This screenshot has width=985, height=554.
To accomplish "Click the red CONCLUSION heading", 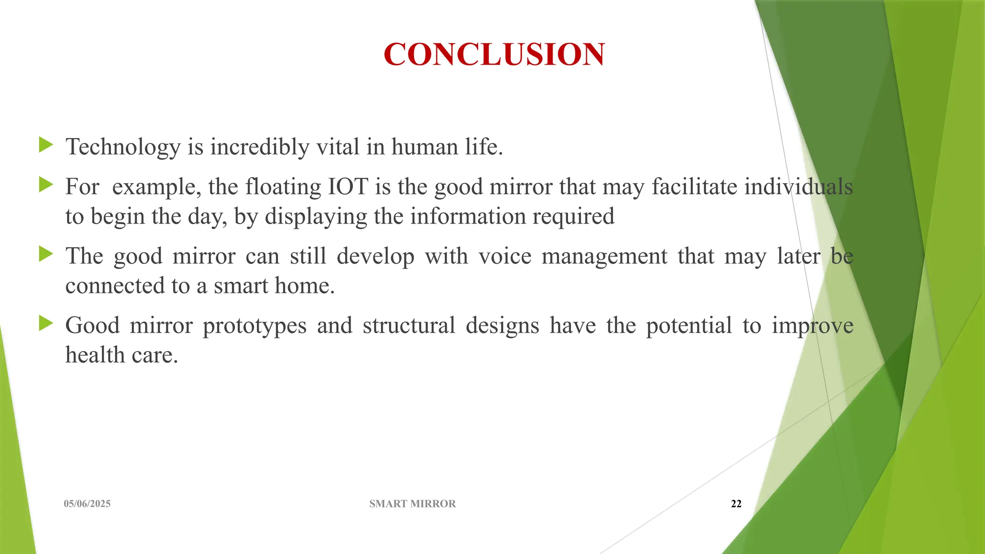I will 494,54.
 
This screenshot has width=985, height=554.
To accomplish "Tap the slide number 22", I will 736,504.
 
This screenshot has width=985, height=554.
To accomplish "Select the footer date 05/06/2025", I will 87,504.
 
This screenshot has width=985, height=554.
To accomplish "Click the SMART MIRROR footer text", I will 412,504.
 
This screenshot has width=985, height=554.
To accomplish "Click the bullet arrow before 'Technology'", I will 46,144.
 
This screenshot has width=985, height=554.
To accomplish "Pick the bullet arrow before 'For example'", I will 46,184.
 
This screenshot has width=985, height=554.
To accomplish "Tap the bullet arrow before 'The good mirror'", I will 46,253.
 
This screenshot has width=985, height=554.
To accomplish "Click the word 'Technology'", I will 123,147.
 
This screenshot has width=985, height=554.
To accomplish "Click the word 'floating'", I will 283,187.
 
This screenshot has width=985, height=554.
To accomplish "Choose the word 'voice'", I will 505,256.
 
